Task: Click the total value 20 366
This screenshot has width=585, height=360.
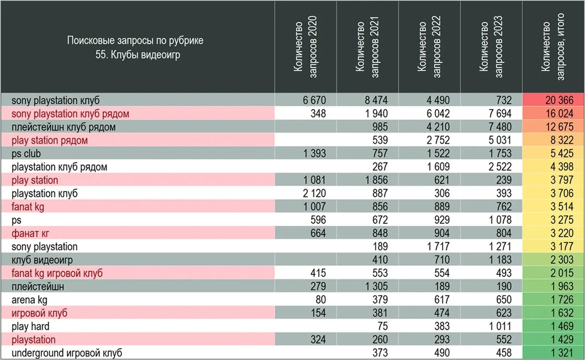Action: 559,100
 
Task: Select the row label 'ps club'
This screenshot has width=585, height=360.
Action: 26,154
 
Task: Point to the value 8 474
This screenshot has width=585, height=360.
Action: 376,100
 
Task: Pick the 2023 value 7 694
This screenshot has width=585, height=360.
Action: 500,113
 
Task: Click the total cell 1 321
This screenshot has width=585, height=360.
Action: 562,353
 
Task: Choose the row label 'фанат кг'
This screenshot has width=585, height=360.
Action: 30,233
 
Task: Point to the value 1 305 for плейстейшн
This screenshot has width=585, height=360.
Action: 376,286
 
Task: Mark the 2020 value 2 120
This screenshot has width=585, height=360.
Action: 314,193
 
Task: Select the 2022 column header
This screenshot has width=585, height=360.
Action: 429,47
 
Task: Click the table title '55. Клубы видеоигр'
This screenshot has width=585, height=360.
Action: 138,55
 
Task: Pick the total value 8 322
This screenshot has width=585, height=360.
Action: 562,140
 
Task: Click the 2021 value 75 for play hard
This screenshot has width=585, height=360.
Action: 383,326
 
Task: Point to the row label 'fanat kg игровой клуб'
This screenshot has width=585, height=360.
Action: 57,273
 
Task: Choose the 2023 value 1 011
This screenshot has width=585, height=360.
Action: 500,326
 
